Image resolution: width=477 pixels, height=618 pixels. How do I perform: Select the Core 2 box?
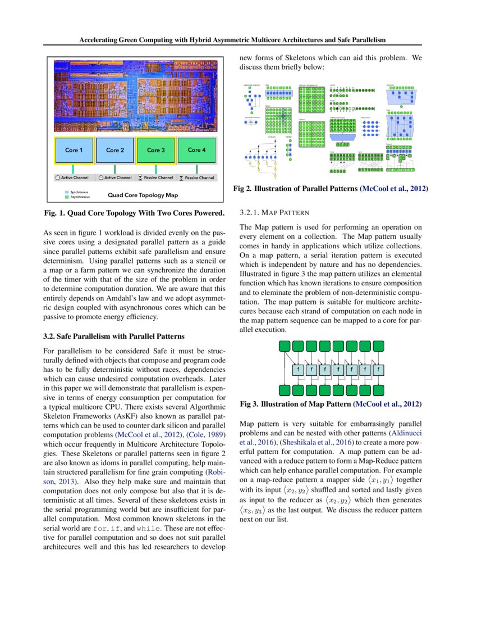(x=115, y=151)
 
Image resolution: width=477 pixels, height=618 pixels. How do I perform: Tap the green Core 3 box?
(x=155, y=150)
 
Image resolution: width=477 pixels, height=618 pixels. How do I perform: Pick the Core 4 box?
(x=196, y=150)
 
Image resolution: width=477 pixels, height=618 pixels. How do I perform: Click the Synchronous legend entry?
(x=78, y=192)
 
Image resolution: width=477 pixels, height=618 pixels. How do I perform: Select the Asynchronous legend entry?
(x=79, y=197)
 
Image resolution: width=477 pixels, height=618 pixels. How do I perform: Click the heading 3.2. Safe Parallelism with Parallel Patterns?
(x=113, y=337)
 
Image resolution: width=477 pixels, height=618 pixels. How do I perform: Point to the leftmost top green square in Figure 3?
(x=284, y=346)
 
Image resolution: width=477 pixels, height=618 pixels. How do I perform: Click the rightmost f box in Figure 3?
(x=380, y=369)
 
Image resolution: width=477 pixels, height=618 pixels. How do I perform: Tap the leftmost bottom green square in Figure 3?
(x=284, y=390)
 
